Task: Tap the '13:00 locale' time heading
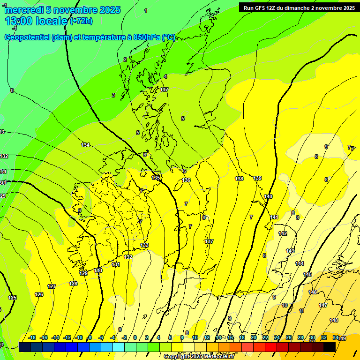tap(37, 21)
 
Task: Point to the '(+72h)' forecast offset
tap(81, 21)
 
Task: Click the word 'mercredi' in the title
tap(23, 9)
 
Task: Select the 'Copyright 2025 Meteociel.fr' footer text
tap(199, 357)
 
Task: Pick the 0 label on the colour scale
tap(135, 337)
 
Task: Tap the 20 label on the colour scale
tap(254, 337)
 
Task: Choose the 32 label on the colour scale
tap(324, 337)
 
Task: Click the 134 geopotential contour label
tap(85, 145)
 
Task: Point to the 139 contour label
tap(257, 178)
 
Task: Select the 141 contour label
tap(274, 217)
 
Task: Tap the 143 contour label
tap(290, 251)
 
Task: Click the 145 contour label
tap(307, 274)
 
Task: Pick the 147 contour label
tap(323, 305)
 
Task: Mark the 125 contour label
tap(12, 298)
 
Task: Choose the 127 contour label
tap(52, 286)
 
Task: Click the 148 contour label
tap(334, 320)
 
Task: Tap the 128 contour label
tap(73, 284)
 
